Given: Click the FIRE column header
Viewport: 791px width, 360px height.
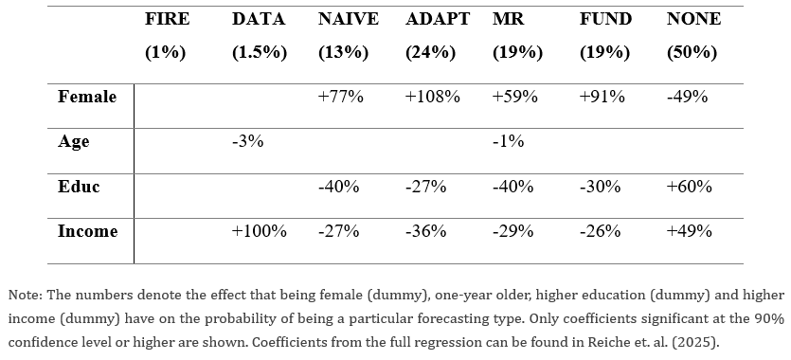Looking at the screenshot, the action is pos(167,19).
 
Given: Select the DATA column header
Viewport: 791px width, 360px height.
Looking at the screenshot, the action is pos(259,19).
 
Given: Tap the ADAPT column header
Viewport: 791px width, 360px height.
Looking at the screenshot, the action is pos(438,19).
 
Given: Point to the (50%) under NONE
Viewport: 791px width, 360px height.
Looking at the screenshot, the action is pos(692,52).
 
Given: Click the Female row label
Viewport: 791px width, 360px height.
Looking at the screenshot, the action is pos(87,97).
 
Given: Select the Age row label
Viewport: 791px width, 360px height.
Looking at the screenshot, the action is pos(74,142).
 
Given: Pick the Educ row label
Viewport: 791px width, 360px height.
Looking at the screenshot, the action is pos(79,187).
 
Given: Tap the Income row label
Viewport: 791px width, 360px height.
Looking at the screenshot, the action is pos(88,231).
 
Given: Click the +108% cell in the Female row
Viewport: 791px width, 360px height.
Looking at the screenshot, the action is pos(432,97).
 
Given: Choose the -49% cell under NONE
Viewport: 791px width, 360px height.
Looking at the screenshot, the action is pos(687,97).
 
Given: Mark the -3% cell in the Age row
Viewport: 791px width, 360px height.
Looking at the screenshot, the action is pos(247,141).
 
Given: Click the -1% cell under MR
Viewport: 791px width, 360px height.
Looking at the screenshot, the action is pos(508,141).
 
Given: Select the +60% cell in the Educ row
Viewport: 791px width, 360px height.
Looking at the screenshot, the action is pos(689,187).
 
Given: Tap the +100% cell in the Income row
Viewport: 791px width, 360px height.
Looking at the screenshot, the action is pos(260,231).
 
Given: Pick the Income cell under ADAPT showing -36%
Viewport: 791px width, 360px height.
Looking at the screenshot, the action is pos(425,231).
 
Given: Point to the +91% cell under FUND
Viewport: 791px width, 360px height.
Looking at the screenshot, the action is pos(602,97).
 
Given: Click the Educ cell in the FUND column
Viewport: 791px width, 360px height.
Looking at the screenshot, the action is pos(601,187).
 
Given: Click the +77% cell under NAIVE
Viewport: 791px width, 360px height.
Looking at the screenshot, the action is pos(340,97).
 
